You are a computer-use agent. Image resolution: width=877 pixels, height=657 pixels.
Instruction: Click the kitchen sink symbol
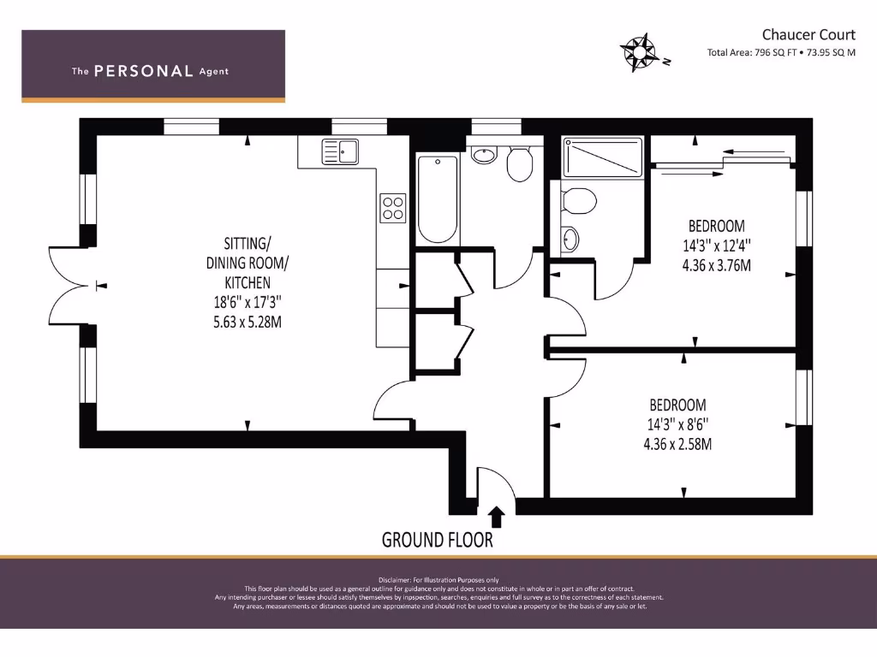[340, 151]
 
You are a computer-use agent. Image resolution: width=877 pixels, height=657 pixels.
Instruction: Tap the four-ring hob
[392, 208]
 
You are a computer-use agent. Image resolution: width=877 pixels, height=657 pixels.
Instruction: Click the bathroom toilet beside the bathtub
[519, 163]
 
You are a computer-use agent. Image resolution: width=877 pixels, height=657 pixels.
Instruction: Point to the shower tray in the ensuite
[602, 158]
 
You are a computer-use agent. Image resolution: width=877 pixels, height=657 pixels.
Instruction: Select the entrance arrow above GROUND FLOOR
[496, 516]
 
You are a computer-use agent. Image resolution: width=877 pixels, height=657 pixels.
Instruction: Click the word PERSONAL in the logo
[143, 72]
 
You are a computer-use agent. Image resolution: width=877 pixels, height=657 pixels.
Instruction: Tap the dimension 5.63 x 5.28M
[248, 322]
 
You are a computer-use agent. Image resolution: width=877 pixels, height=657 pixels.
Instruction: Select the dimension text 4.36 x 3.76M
[716, 264]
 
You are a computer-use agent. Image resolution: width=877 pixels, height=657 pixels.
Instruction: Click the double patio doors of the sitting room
[69, 286]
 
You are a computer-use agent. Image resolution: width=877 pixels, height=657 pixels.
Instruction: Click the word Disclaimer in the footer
[397, 580]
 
